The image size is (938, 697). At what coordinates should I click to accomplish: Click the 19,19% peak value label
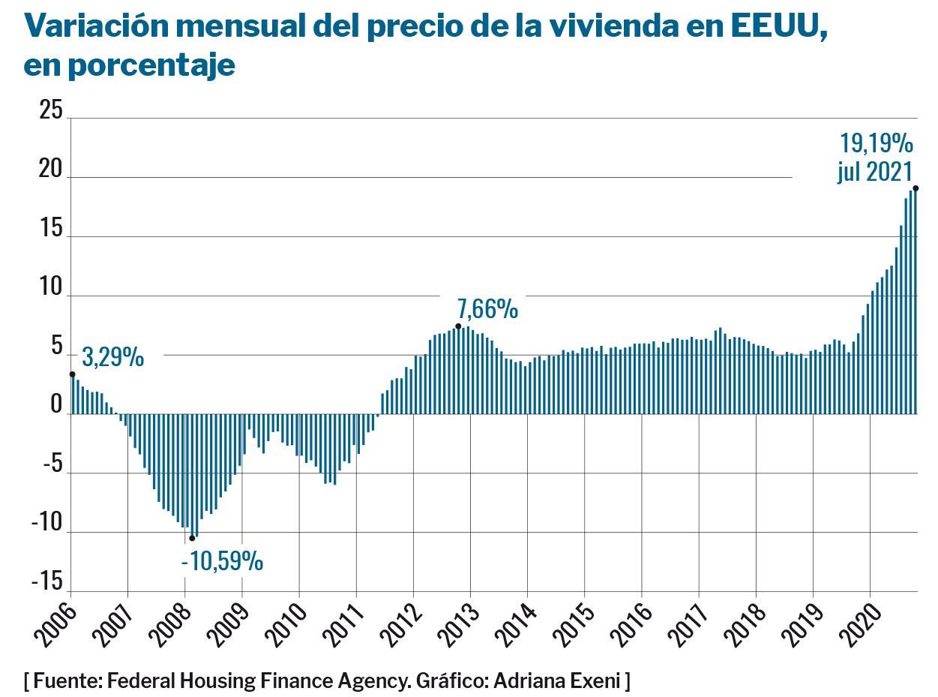tap(876, 143)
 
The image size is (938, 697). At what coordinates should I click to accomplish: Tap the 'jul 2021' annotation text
tap(874, 172)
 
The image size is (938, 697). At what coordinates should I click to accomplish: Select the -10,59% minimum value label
tap(223, 560)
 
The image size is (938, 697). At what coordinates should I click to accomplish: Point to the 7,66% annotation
tap(488, 308)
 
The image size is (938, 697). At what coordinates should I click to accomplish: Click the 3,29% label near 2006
tap(113, 357)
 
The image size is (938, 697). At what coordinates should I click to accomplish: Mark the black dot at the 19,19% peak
tap(916, 188)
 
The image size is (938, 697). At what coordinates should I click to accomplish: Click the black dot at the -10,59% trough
tap(192, 538)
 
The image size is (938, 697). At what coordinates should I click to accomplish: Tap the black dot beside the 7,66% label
tap(458, 326)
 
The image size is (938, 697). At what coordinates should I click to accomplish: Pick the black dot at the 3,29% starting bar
tap(72, 374)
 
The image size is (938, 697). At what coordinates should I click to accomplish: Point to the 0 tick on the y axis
tap(56, 406)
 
